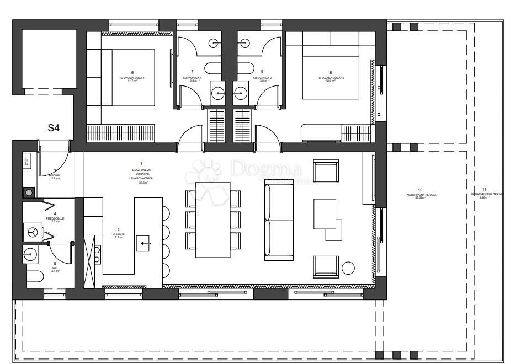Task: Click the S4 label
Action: click(x=53, y=128)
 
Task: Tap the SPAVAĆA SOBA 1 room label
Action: click(x=132, y=78)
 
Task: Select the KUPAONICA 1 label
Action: click(x=192, y=78)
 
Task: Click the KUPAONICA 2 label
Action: click(x=262, y=78)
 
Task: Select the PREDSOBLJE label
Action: click(x=55, y=218)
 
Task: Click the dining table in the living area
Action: click(x=214, y=219)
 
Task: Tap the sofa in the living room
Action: click(x=279, y=219)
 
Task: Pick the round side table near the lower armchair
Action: click(x=348, y=269)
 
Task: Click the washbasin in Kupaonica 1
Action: click(x=219, y=93)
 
